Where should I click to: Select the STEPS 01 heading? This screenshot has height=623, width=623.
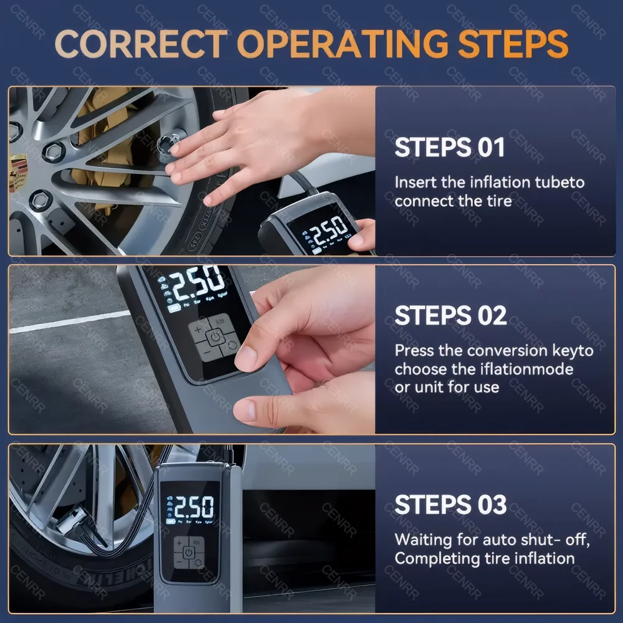pos(449,148)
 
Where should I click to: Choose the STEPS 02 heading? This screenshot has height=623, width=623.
pos(450,315)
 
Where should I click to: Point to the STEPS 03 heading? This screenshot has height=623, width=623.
pos(450,505)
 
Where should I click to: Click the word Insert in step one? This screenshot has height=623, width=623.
pos(415,183)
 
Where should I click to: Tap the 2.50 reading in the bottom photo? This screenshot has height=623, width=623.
pos(193,508)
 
